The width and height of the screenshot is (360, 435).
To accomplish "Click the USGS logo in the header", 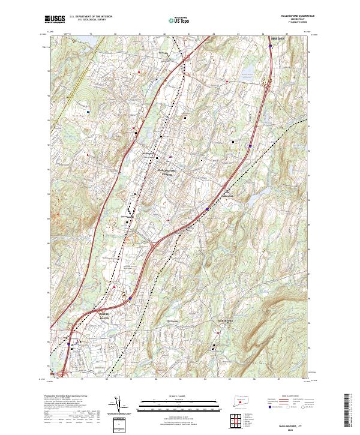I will pyautogui.click(x=54, y=20).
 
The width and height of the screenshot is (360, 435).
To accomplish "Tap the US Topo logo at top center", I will pyautogui.click(x=179, y=20).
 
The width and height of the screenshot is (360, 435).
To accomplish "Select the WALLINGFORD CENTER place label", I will pyautogui.click(x=168, y=173).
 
